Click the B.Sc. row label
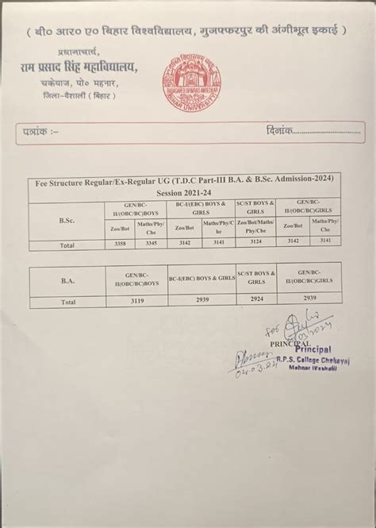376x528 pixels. tap(67, 220)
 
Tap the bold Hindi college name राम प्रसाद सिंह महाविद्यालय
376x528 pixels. tap(80, 68)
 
